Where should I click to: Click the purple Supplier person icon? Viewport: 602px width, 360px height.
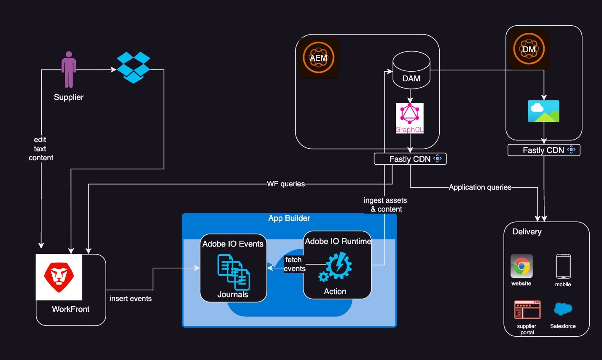69,69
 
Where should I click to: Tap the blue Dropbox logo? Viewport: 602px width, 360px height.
133,67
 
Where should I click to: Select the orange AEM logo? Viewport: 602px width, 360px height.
318,57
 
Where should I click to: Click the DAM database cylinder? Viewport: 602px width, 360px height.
411,70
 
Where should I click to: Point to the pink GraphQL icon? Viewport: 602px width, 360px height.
410,118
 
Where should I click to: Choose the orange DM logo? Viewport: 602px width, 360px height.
529,49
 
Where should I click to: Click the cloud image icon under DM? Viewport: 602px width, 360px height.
543,111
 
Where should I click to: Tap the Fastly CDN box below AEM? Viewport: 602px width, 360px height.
410,159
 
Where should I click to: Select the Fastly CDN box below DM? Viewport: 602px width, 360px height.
544,150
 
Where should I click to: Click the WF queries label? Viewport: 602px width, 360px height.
286,184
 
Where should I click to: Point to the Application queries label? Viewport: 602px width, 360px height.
480,187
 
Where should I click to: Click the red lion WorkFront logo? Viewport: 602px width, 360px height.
59,277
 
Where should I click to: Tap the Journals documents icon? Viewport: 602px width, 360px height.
234,272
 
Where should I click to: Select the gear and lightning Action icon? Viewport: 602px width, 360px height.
335,267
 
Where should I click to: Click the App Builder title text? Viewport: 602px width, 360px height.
289,218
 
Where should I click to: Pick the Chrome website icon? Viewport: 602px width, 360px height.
521,266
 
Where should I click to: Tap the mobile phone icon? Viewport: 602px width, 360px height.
563,266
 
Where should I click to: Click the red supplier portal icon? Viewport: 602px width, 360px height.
527,309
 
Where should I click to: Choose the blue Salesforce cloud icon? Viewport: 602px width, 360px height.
563,309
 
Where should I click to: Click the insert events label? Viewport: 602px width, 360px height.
131,298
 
